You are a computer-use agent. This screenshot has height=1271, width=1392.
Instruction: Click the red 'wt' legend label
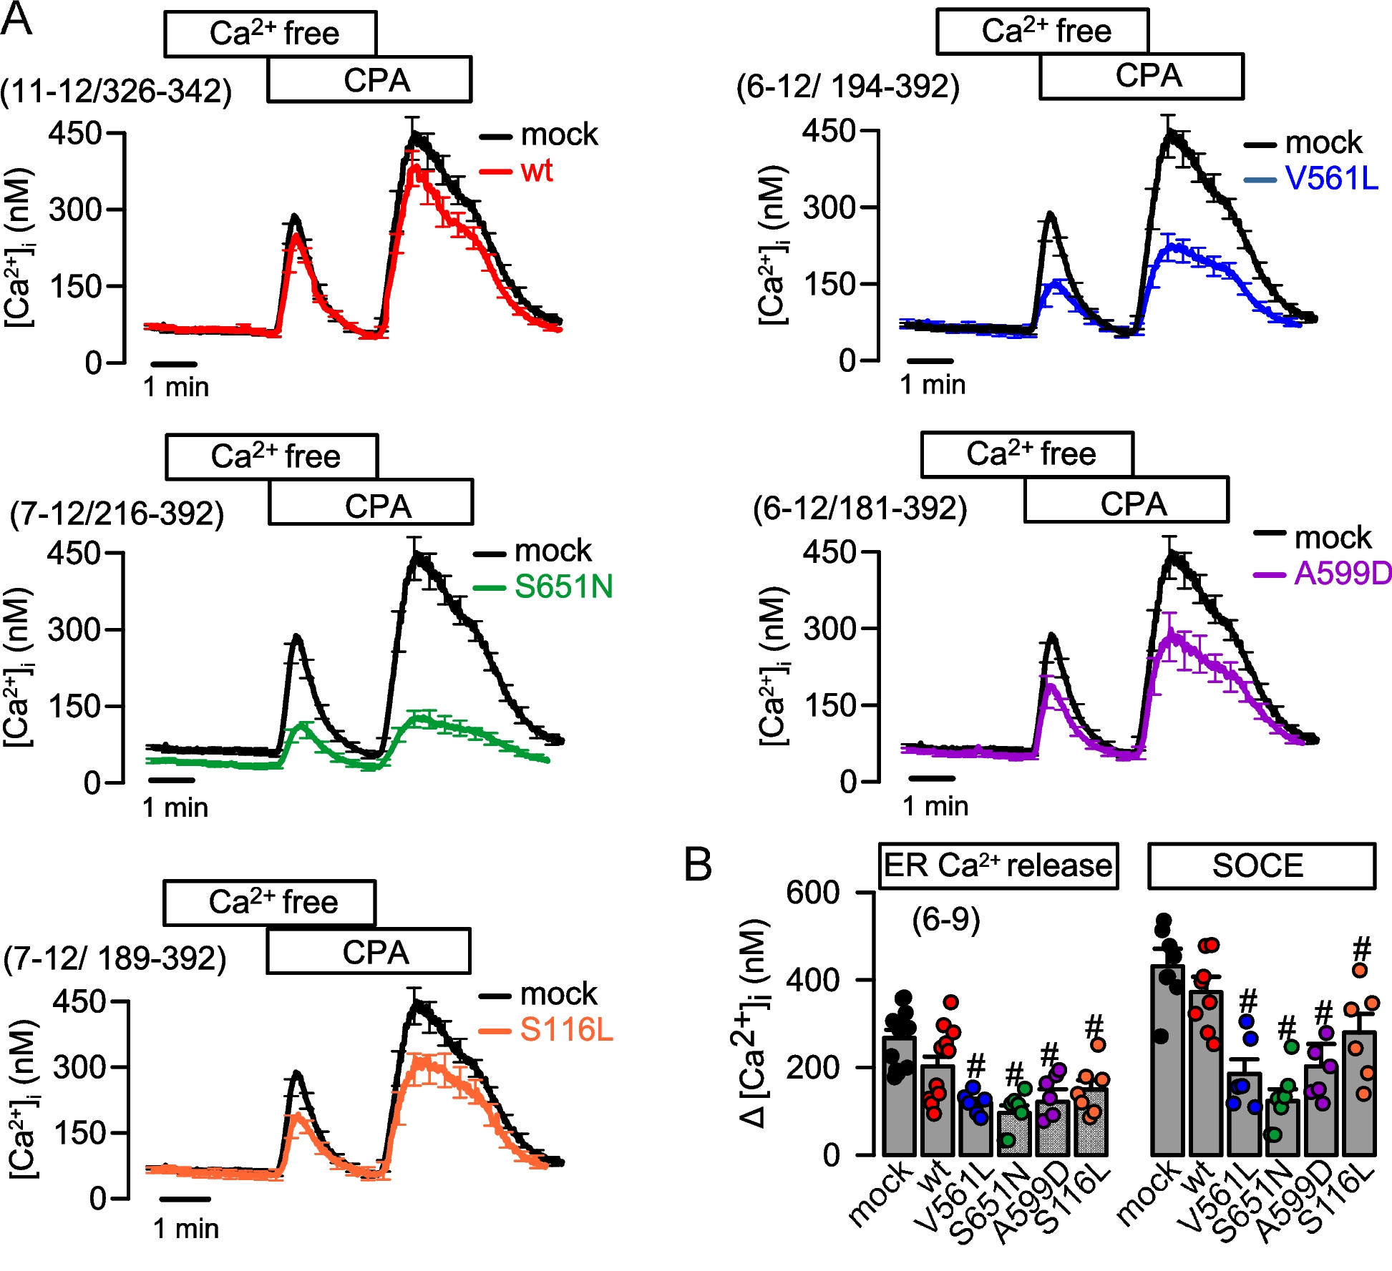coord(536,171)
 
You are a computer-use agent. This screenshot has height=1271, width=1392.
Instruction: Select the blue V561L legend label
coord(1330,178)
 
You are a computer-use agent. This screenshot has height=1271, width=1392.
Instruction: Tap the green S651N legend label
coord(563,587)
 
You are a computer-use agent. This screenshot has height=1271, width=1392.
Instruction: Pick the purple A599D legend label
coord(1343,573)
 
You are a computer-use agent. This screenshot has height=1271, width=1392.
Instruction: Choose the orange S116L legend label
coord(565,1030)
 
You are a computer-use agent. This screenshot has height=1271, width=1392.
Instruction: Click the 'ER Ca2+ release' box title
coord(998,865)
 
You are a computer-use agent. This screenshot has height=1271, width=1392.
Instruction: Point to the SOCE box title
coord(1261,865)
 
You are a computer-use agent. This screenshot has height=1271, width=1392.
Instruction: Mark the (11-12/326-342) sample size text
coord(116,92)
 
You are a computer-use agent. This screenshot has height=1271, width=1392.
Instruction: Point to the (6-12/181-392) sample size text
coord(860,509)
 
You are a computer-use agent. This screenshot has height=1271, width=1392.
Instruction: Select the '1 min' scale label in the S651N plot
coord(175,808)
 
